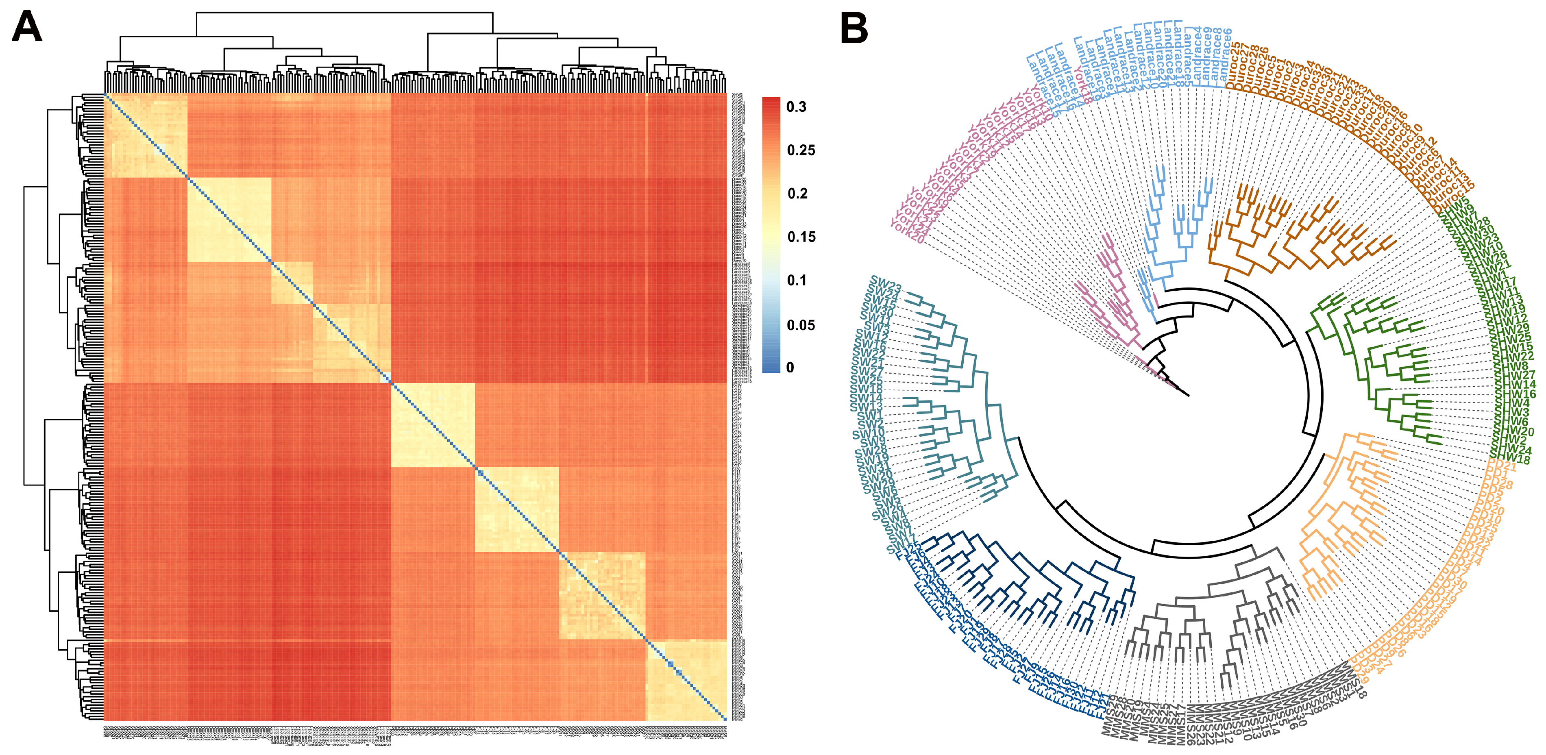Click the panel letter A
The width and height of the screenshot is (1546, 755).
pos(27,28)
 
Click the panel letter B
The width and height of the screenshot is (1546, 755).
pos(854,28)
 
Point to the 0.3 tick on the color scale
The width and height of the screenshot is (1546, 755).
pos(797,107)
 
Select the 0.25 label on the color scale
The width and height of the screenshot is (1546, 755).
pos(801,150)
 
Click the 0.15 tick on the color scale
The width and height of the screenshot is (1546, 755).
pos(801,237)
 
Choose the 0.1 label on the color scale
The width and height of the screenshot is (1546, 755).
pos(797,280)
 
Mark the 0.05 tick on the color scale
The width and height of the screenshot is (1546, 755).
pos(801,325)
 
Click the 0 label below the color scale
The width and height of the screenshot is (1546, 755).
pos(790,367)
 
